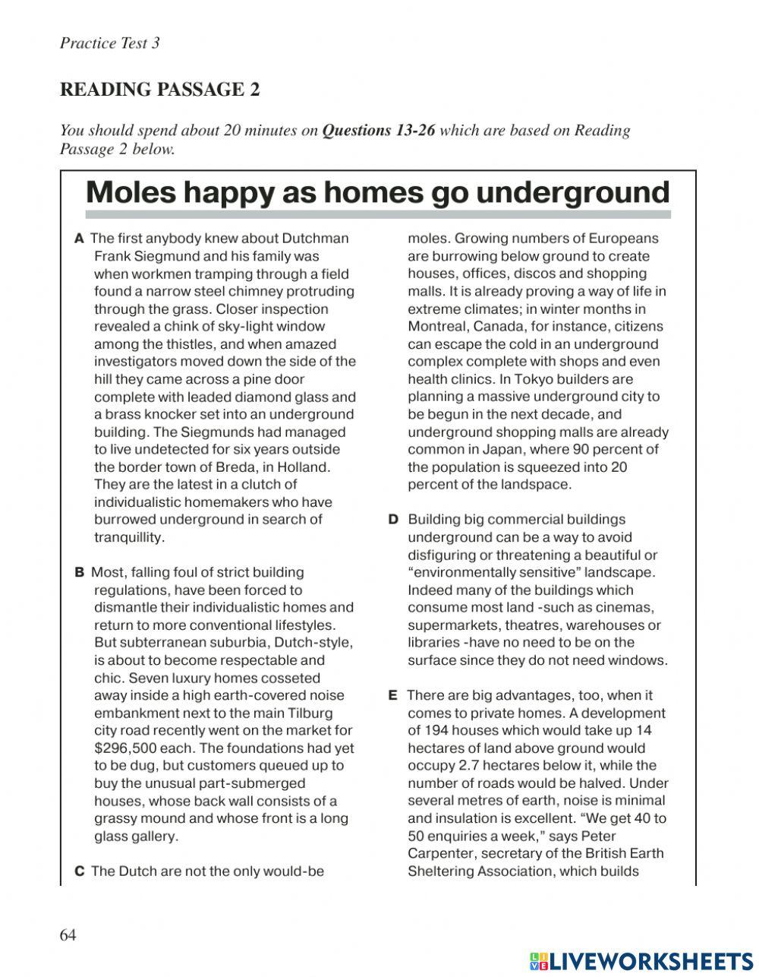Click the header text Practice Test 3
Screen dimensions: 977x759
click(x=109, y=43)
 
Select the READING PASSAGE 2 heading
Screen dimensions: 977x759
click(x=159, y=90)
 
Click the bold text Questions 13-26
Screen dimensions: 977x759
click(x=378, y=131)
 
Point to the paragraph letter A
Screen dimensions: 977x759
click(x=79, y=239)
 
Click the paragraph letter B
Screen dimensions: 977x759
click(x=80, y=572)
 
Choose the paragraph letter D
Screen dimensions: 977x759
click(x=393, y=520)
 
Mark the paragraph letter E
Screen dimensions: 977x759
click(x=393, y=695)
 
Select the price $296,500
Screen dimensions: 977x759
click(x=125, y=748)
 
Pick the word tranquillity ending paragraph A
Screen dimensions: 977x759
click(x=128, y=538)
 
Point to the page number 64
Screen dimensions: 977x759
click(x=68, y=935)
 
